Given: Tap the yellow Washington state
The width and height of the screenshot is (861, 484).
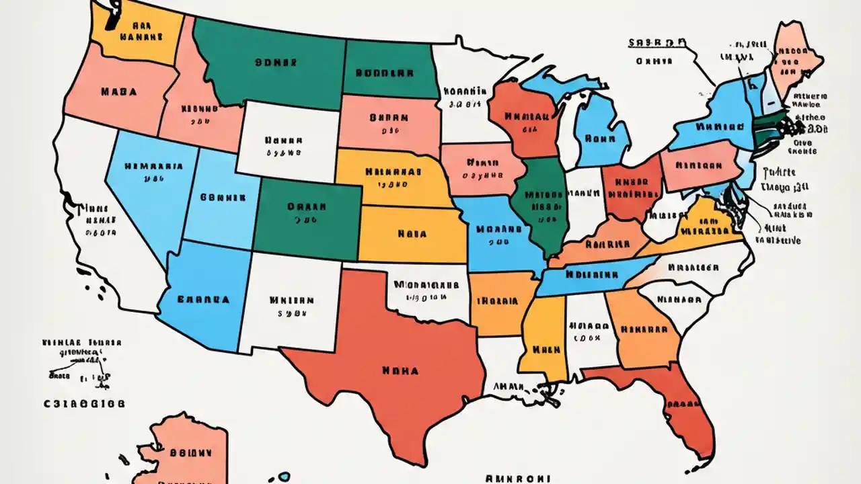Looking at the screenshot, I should click(x=138, y=34).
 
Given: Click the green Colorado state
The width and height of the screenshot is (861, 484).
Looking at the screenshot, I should click(x=306, y=212).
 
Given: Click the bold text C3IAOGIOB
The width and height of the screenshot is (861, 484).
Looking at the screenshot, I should click(x=83, y=404).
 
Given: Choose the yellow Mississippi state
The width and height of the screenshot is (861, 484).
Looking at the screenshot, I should click(x=543, y=336).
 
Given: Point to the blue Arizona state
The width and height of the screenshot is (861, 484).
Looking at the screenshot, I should click(x=202, y=296).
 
